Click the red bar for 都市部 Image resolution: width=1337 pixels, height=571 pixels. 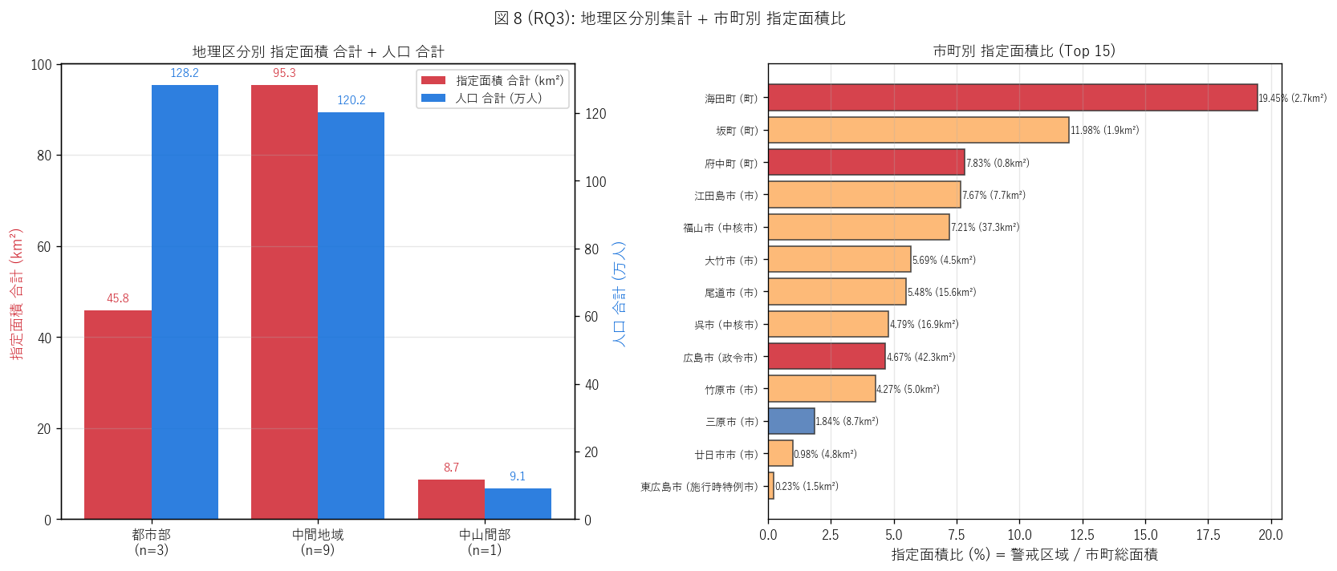[118, 415]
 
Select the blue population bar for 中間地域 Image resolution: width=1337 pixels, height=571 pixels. [351, 316]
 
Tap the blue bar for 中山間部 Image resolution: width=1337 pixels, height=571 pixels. [518, 504]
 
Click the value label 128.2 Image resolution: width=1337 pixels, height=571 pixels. [185, 73]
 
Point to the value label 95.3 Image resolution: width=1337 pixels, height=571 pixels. [284, 73]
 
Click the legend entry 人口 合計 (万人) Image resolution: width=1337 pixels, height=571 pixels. [498, 98]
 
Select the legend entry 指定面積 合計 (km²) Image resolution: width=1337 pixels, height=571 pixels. [510, 80]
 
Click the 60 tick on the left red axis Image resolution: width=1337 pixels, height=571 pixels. [43, 247]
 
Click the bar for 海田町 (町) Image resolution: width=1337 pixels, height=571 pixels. [1012, 97]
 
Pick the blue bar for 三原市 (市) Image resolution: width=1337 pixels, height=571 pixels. [790, 421]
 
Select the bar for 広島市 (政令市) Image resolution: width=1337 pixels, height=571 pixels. [826, 357]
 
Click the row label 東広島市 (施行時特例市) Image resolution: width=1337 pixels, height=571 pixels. [699, 487]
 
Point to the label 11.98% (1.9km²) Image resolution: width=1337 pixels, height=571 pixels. [1104, 130]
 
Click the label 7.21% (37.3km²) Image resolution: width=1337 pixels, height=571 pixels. [985, 227]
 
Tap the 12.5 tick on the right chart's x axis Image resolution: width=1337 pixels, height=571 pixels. [1082, 535]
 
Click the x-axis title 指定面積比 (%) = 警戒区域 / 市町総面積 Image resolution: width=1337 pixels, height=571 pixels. [1024, 555]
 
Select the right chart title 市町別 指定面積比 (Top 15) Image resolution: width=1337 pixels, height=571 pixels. [1024, 51]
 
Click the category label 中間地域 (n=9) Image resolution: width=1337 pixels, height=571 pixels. [318, 542]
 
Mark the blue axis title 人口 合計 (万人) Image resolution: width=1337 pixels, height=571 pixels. [619, 294]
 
